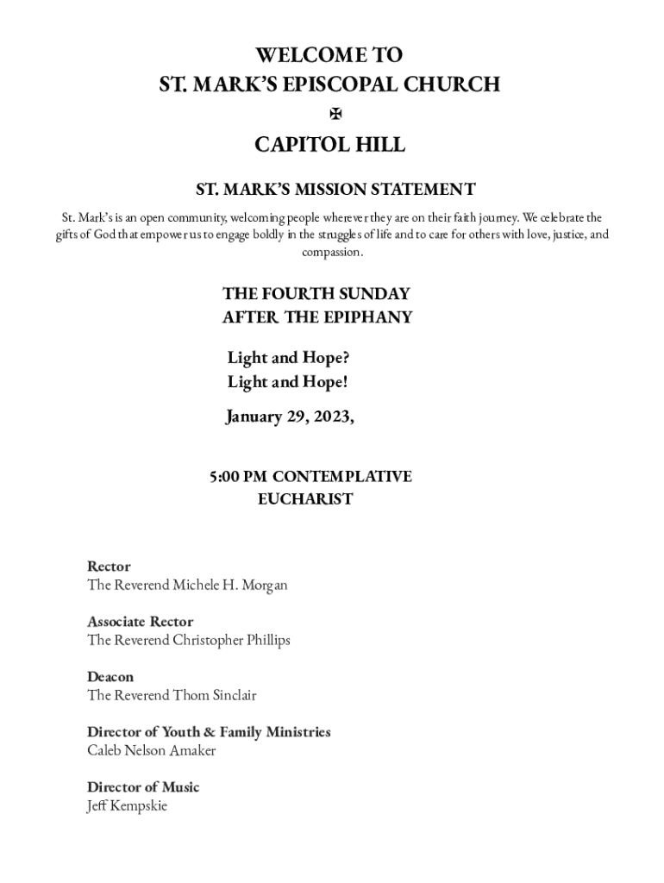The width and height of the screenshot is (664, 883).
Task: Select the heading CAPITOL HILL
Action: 329,145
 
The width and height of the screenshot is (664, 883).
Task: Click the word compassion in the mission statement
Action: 331,253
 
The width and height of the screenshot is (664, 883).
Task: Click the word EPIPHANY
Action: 367,316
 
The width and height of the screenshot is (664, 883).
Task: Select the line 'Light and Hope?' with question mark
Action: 288,358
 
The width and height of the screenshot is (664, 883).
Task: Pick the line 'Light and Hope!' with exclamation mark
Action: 287,382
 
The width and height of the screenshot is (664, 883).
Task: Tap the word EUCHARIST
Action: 305,499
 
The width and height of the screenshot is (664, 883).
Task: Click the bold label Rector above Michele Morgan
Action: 109,567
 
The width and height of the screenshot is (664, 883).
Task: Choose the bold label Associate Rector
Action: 140,622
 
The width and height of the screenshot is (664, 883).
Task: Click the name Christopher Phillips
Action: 231,641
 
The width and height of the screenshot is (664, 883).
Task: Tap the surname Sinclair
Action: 229,696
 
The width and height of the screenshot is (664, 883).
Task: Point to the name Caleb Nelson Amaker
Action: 151,751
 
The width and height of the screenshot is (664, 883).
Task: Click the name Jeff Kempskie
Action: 127,806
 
